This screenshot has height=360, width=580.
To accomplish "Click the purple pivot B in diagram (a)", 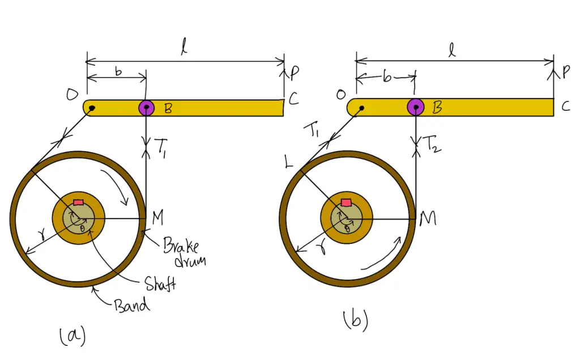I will click(147, 108).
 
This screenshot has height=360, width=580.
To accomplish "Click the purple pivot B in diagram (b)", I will click(416, 106).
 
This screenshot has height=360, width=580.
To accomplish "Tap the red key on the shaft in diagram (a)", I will click(78, 203).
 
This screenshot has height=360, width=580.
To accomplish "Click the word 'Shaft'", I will click(159, 283).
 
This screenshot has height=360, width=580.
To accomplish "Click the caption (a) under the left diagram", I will click(72, 336).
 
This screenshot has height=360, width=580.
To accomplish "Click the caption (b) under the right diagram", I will click(356, 321).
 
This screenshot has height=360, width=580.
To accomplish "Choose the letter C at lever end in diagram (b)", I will click(565, 106).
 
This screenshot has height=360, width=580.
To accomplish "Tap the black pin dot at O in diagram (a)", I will click(92, 108).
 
